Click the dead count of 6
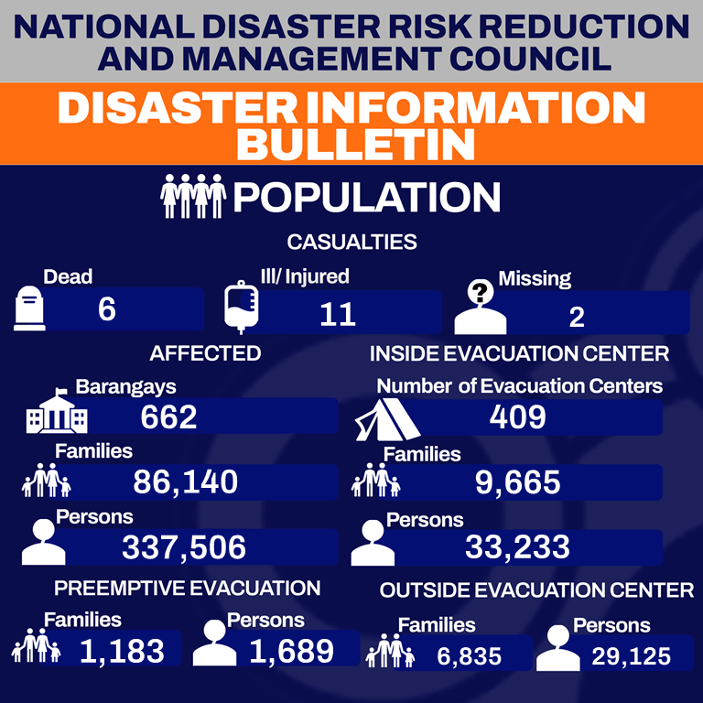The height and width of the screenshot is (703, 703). click(x=107, y=310)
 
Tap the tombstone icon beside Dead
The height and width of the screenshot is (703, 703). click(x=29, y=308)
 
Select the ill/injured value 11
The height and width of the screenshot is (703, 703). click(x=338, y=315)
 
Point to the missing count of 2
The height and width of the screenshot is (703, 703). click(x=577, y=317)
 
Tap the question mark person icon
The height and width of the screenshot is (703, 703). click(x=481, y=308)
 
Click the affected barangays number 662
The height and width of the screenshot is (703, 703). click(x=169, y=417)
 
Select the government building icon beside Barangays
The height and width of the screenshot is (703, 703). click(x=58, y=414)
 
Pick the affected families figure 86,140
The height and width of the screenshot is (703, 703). click(x=185, y=481)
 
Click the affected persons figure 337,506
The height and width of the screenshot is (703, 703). click(x=184, y=547)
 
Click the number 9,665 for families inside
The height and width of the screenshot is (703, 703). click(x=517, y=481)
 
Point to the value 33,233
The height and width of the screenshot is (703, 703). click(x=517, y=547)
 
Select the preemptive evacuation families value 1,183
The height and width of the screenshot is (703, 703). click(x=122, y=652)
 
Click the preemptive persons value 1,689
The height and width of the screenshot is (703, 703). click(x=291, y=652)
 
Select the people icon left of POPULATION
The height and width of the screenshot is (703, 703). click(x=192, y=197)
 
